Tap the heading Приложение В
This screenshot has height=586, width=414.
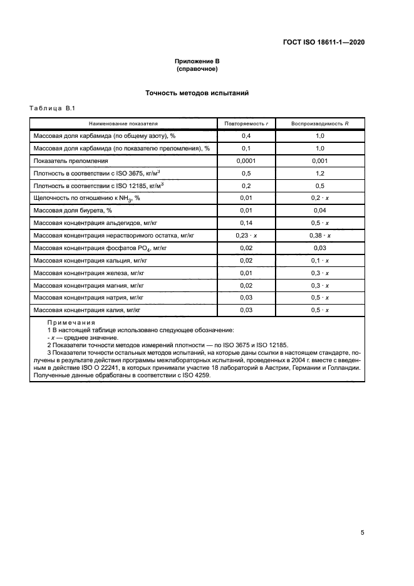click(x=197, y=61)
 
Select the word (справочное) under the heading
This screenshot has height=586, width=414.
click(x=197, y=68)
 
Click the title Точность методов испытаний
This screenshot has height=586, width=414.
click(x=197, y=93)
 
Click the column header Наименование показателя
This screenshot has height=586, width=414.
click(x=123, y=123)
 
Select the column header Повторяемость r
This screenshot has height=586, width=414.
click(x=246, y=123)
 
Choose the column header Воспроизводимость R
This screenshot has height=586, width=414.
click(x=319, y=123)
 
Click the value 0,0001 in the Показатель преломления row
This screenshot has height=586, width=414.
click(x=246, y=160)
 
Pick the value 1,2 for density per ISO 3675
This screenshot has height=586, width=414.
click(x=319, y=173)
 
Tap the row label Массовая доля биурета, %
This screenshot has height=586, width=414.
click(x=72, y=211)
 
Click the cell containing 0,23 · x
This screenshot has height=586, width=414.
click(x=246, y=236)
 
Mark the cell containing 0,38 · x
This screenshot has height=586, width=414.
click(x=319, y=236)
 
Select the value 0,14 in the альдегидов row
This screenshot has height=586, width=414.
click(x=246, y=223)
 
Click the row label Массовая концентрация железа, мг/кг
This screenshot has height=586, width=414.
click(x=90, y=273)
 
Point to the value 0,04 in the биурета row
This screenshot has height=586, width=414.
click(x=319, y=211)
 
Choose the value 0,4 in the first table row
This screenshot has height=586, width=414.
click(x=246, y=135)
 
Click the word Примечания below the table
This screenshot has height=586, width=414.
click(x=70, y=322)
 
